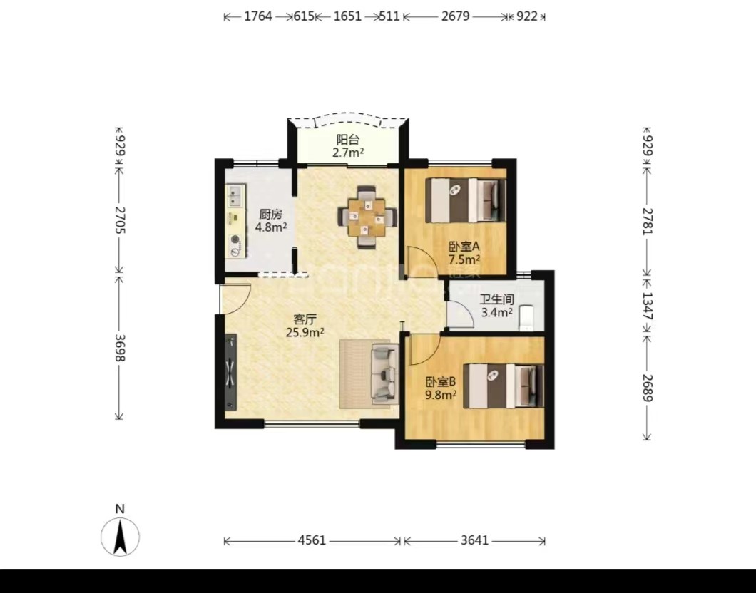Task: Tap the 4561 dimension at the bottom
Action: pos(312,540)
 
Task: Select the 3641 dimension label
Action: pos(474,540)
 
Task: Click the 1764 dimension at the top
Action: pos(258,16)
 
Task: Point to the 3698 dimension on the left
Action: pos(121,349)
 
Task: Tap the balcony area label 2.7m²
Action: pos(347,153)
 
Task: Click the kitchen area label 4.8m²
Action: pos(271,227)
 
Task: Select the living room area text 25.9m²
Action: pos(305,332)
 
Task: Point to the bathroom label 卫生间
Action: pos(496,299)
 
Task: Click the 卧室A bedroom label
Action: pos(464,247)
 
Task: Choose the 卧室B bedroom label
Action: pos(441,383)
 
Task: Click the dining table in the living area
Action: pos(368,217)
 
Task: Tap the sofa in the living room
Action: pos(384,373)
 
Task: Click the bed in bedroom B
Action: pos(504,386)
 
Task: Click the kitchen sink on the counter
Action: pos(236,195)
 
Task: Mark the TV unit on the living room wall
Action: pos(231,373)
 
